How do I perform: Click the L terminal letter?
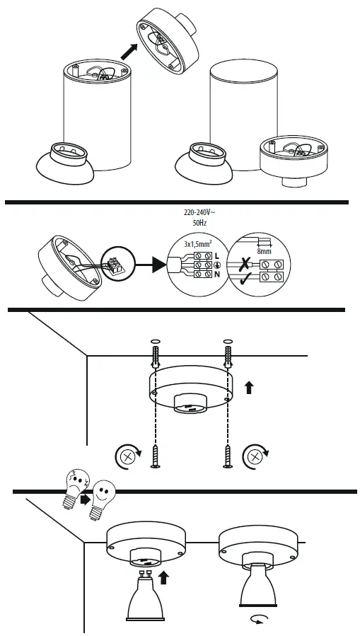[x=216, y=255]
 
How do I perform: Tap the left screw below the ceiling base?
[x=156, y=456]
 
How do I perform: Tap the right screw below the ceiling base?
[x=228, y=456]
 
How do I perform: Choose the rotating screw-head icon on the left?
[x=129, y=456]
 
